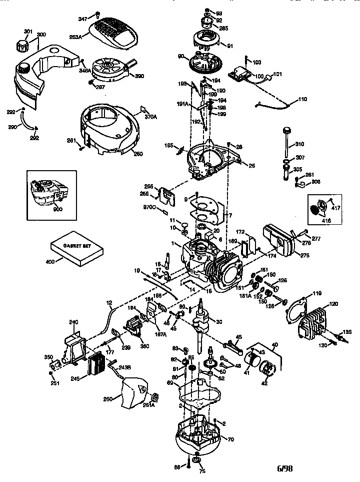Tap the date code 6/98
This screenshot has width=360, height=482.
point(285,469)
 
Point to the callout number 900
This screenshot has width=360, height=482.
point(58,209)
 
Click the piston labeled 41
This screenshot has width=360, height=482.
point(252,361)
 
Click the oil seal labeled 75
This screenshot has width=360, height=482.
point(197,460)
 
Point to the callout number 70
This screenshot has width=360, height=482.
point(230,439)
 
